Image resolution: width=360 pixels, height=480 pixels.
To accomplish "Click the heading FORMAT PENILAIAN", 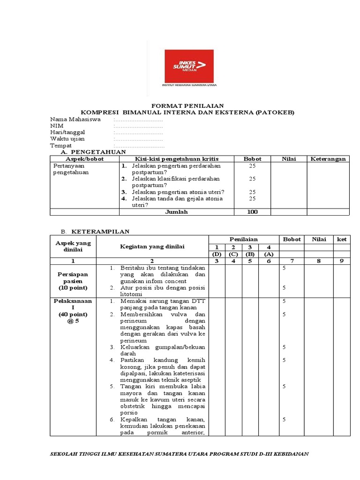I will (x=187, y=106).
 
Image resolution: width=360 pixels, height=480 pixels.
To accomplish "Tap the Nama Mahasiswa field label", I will (x=75, y=120).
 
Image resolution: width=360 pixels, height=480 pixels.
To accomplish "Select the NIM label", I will (x=57, y=126).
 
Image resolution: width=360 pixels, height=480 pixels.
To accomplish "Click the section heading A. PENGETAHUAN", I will (x=94, y=152).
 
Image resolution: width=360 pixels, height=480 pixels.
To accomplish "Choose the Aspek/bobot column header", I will (x=84, y=159).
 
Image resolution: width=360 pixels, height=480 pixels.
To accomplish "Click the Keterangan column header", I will (x=328, y=159).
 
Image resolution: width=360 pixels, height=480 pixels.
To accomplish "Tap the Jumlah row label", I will (x=176, y=212).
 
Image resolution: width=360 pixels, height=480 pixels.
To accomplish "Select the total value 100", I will (x=252, y=212).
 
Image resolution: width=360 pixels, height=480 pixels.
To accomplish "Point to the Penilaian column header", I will (x=243, y=239).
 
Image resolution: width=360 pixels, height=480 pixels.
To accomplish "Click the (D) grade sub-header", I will (x=217, y=254).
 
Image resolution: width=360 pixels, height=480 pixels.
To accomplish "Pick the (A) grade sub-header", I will (x=269, y=254).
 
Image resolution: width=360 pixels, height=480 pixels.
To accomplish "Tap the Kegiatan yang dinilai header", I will (x=152, y=247).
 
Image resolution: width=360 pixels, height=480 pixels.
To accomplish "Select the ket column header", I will (x=342, y=239).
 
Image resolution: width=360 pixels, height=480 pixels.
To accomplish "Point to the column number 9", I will (x=342, y=261).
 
